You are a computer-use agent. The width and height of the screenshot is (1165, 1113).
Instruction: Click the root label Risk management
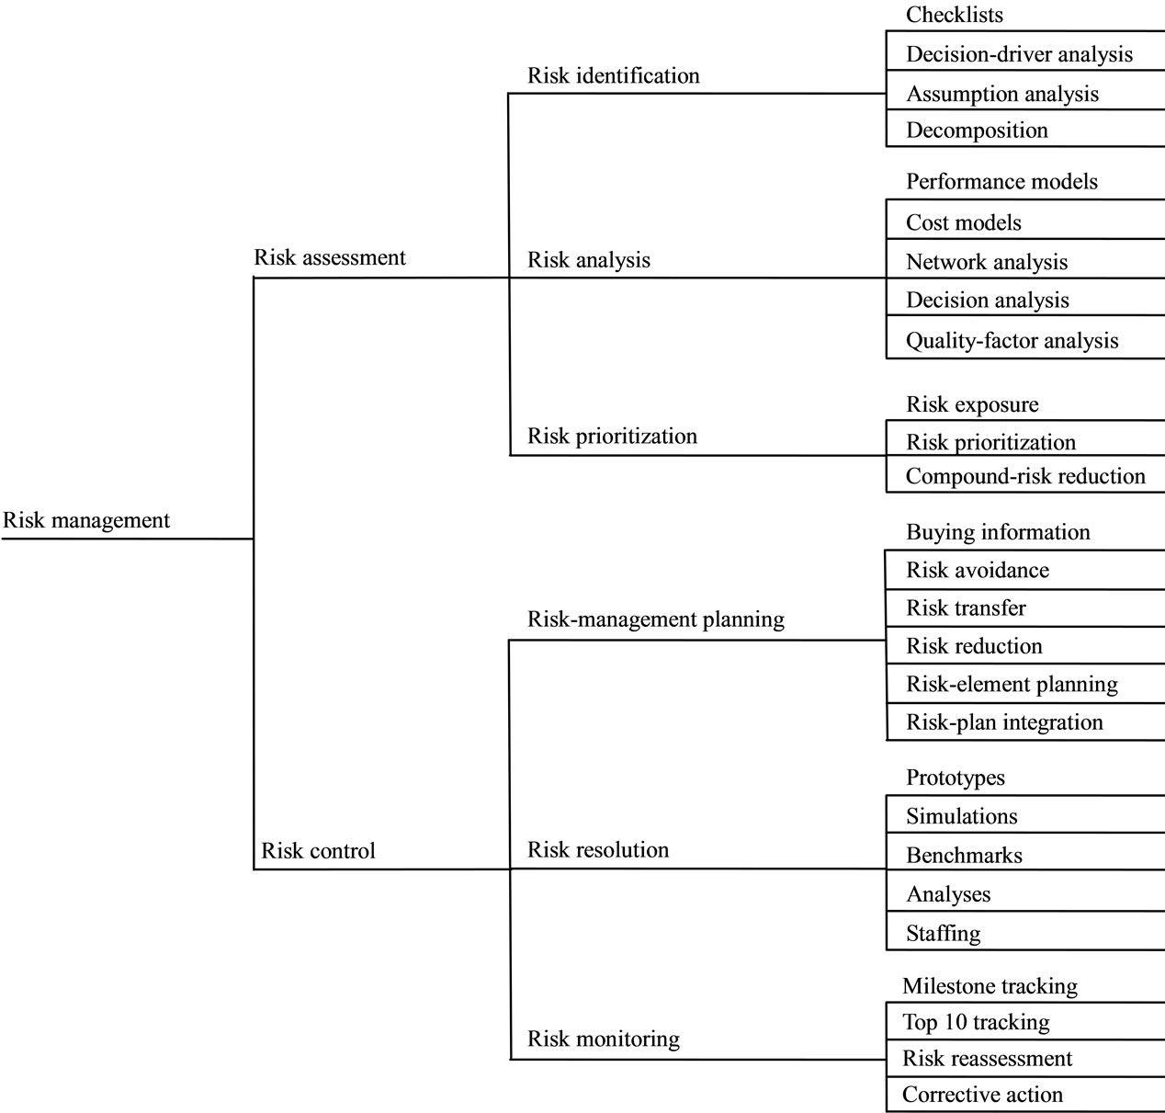coord(86,520)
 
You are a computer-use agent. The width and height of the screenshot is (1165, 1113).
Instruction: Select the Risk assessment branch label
coord(330,257)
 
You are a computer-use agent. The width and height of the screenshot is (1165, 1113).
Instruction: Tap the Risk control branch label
coord(318,850)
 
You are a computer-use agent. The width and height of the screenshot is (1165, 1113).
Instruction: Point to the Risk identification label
coord(613,76)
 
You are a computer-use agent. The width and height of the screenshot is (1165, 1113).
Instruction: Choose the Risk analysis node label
coord(589,260)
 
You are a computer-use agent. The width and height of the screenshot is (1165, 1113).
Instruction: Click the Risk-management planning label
coord(655,619)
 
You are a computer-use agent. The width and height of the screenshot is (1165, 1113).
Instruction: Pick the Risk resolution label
coord(597,849)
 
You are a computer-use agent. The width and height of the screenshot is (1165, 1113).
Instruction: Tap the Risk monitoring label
coord(604,1039)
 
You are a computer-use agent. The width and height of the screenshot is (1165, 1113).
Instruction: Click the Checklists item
coord(955,15)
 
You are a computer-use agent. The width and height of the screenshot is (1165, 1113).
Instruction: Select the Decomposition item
coord(977,131)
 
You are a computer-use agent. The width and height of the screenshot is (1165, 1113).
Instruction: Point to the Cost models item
coord(963,222)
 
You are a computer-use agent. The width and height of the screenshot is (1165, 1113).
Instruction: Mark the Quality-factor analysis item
coord(1012,341)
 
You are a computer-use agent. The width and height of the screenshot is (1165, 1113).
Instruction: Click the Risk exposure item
coord(972,404)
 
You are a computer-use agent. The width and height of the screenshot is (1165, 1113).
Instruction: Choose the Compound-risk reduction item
coord(1025,477)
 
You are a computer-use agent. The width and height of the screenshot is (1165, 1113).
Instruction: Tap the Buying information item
coord(998,532)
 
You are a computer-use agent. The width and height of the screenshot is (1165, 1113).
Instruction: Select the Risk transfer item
coord(966,608)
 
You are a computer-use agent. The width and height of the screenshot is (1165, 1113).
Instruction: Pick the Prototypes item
coord(956,778)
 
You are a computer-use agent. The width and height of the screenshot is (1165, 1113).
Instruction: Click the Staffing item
coord(943,933)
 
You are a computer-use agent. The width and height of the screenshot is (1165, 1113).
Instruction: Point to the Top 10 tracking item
coord(976,1022)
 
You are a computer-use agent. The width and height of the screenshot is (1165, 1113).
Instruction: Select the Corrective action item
coord(982,1095)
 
